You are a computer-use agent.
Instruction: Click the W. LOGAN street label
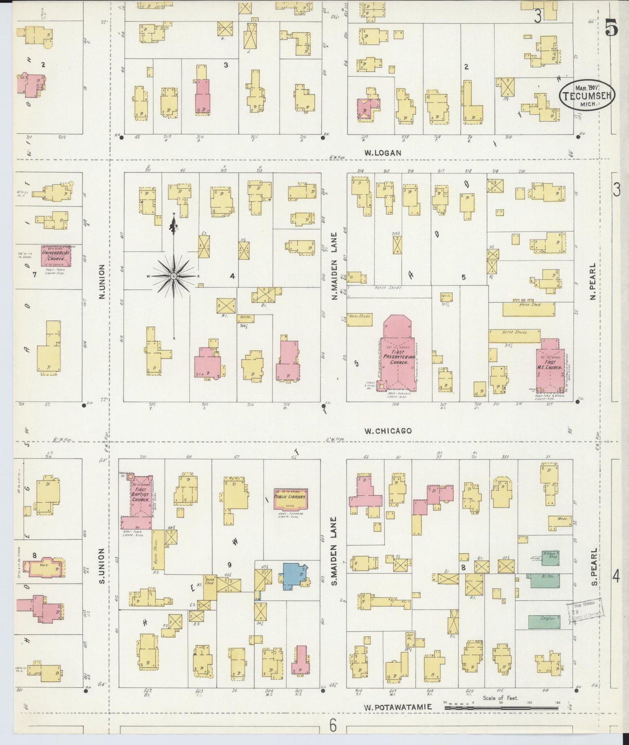coord(382,153)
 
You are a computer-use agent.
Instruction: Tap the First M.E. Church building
coord(550,366)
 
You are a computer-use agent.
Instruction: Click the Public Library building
coord(290,498)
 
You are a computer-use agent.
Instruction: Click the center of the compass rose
coord(174,276)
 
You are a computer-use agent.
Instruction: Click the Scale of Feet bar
coord(501,708)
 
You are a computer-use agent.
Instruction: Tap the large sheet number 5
coord(610,29)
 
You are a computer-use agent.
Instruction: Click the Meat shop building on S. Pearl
coord(559,521)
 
